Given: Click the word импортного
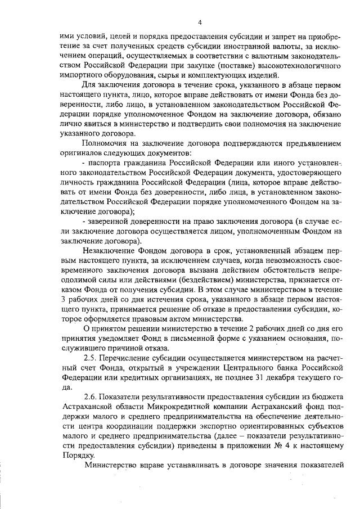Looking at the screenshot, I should pos(80,76).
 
